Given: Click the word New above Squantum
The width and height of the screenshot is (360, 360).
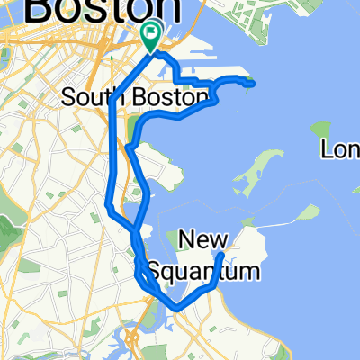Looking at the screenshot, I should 204,238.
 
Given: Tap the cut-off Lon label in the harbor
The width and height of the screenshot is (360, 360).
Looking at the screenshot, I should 342,149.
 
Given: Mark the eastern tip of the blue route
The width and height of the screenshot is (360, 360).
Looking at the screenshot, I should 253,84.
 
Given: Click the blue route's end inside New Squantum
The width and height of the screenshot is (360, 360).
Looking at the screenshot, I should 222,255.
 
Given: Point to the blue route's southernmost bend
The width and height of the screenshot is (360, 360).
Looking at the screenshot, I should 175,308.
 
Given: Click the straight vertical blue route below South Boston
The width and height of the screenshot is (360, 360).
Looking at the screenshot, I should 111,153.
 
